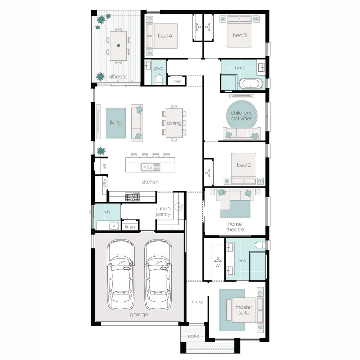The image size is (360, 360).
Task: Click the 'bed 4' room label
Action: point(165,36)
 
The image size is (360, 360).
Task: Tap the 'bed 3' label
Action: point(239,35)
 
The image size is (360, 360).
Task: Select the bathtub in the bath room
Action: point(250,84)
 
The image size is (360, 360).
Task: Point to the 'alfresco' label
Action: point(118,77)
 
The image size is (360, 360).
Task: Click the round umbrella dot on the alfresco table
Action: point(118,45)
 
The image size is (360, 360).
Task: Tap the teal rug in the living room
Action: point(115,123)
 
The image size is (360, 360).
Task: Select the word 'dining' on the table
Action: point(174,123)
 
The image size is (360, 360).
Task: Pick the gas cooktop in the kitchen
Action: point(132,197)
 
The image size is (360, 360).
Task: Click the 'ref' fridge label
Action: point(104,166)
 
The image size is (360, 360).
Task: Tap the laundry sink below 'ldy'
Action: point(113,226)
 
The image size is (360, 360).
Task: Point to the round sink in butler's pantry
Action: point(179,207)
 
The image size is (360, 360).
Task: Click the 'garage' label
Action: point(139,315)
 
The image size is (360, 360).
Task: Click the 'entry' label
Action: point(197,302)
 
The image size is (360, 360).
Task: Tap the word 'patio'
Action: point(193,336)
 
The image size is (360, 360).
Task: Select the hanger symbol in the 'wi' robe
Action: point(218,260)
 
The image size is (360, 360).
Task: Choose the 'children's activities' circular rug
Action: point(242,115)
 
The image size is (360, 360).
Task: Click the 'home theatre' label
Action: point(235,227)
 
